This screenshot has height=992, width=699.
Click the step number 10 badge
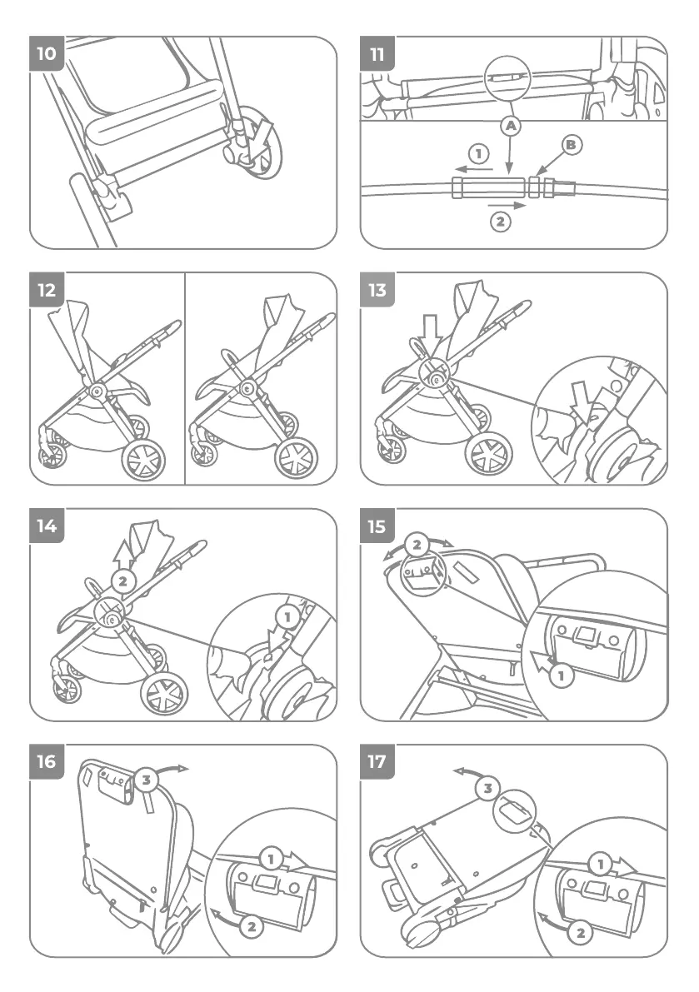[47, 54]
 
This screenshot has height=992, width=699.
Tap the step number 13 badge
[377, 290]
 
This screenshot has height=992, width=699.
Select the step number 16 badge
[47, 762]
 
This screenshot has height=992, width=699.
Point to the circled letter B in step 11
[571, 146]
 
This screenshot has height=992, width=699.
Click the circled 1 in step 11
[477, 153]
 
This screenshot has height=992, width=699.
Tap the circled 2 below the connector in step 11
[499, 222]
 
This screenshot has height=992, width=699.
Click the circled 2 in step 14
[123, 581]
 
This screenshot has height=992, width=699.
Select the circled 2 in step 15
[417, 545]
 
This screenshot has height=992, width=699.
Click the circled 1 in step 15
[562, 675]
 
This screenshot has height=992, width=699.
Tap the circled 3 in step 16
[147, 780]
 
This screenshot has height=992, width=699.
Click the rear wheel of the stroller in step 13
[489, 455]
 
